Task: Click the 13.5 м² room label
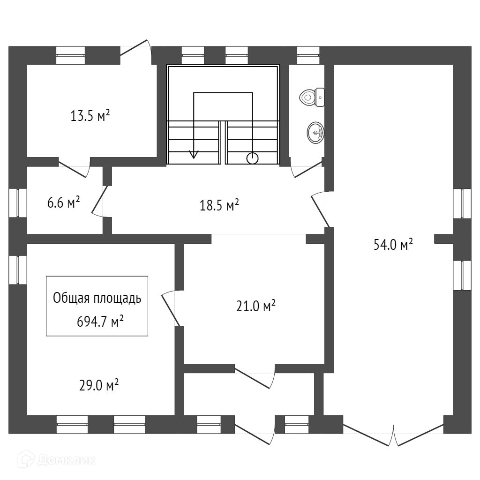click(x=90, y=116)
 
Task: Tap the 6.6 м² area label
click(x=64, y=202)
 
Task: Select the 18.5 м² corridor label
click(x=219, y=205)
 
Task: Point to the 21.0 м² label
click(x=256, y=306)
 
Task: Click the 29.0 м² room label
click(x=99, y=385)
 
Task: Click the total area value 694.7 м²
click(x=100, y=322)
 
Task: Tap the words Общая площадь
click(x=97, y=298)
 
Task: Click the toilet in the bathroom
click(x=312, y=97)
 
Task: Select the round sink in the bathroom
click(x=315, y=133)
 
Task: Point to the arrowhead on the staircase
click(x=194, y=155)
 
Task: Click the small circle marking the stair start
click(x=253, y=158)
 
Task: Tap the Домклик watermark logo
click(x=57, y=460)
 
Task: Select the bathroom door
click(x=306, y=168)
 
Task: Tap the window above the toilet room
click(x=308, y=55)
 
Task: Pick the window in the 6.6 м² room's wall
click(x=18, y=203)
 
